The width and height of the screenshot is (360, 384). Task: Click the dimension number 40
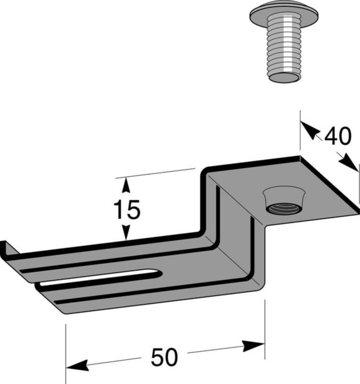click(x=337, y=136)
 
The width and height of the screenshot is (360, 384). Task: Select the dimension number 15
click(x=127, y=209)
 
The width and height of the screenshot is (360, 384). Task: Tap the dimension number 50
click(x=164, y=357)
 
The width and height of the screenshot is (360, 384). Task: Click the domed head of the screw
click(x=284, y=16)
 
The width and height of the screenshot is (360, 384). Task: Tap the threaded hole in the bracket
click(x=284, y=209)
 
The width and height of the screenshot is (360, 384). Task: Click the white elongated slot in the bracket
click(x=99, y=277)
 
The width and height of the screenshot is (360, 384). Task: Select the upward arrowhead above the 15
click(x=126, y=185)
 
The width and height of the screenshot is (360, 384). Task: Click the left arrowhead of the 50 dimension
click(x=77, y=365)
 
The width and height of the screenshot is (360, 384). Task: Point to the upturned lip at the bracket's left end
click(x=8, y=249)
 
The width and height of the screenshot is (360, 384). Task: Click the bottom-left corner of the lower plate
click(x=65, y=313)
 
